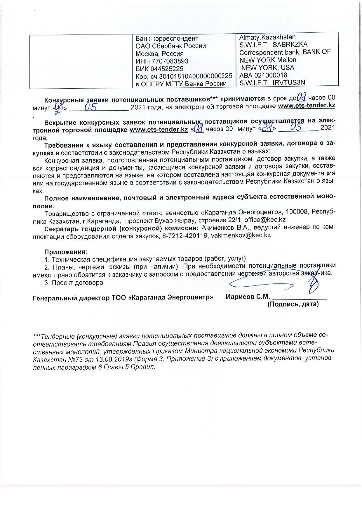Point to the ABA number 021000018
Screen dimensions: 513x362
tap(273, 75)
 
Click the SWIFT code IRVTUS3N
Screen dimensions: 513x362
tap(289, 82)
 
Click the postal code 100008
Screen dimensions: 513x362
tap(297, 212)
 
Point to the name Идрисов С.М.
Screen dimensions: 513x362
tap(248, 297)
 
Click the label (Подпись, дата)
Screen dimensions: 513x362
tap(293, 304)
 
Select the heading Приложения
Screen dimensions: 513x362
tap(65, 252)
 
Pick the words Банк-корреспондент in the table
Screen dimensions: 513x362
tap(167, 38)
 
